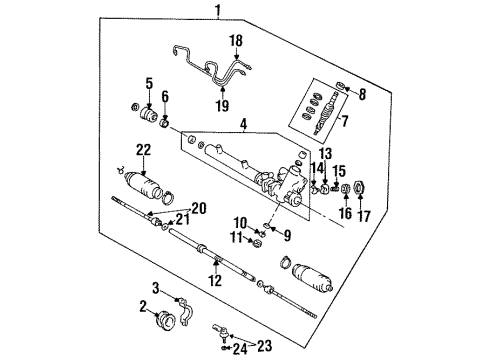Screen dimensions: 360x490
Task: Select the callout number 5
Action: [149, 83]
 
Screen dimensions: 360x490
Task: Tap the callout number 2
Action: [143, 307]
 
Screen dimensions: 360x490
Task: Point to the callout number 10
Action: [241, 221]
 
